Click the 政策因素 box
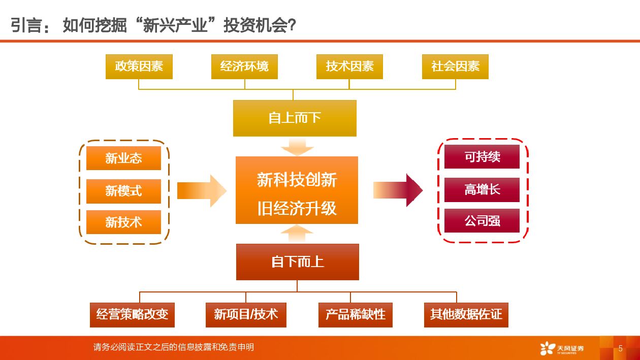pyautogui.click(x=139, y=67)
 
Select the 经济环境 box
pyautogui.click(x=244, y=67)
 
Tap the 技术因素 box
pyautogui.click(x=349, y=67)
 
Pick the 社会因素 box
pyautogui.click(x=455, y=67)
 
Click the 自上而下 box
pyautogui.click(x=295, y=118)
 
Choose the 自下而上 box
pyautogui.click(x=297, y=262)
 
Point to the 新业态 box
pyautogui.click(x=123, y=158)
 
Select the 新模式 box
pyautogui.click(x=123, y=191)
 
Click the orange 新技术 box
pyautogui.click(x=123, y=222)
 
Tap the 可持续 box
pyautogui.click(x=482, y=157)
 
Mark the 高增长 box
pyautogui.click(x=482, y=189)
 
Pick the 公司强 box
pyautogui.click(x=482, y=221)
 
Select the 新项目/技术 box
pyautogui.click(x=246, y=315)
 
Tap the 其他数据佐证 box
pyautogui.click(x=466, y=315)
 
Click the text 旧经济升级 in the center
pyautogui.click(x=297, y=208)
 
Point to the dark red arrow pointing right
pyautogui.click(x=399, y=190)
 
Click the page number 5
pyautogui.click(x=620, y=348)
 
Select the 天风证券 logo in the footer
pyautogui.click(x=562, y=348)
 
